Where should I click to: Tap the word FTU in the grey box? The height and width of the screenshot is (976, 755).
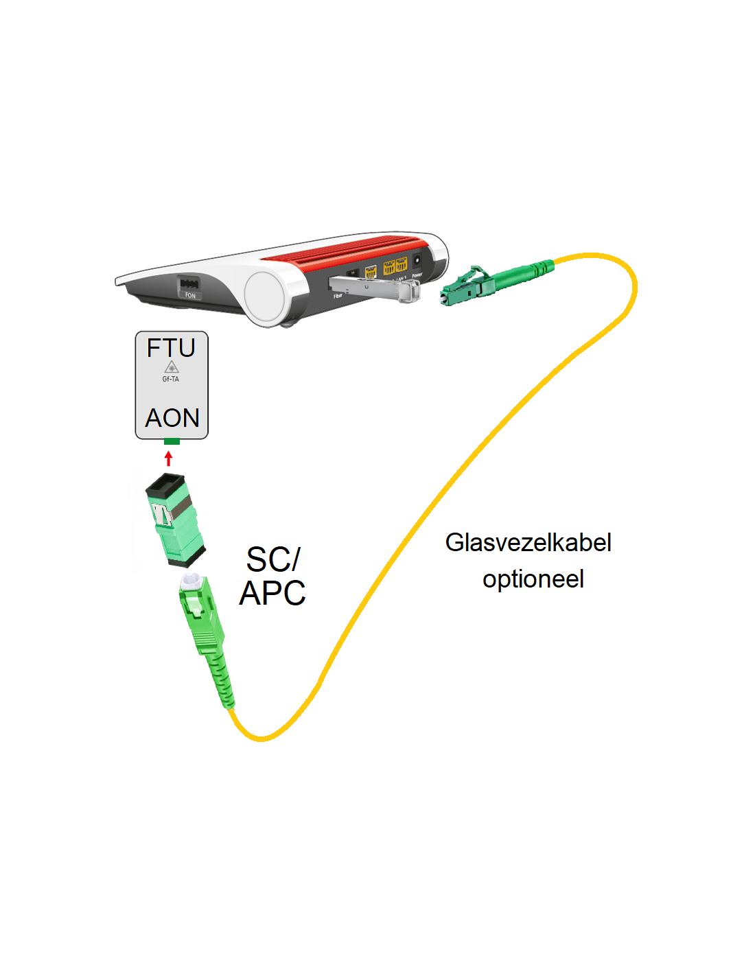[172, 348]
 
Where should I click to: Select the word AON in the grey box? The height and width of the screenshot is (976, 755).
[172, 418]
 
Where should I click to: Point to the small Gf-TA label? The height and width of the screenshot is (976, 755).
[171, 379]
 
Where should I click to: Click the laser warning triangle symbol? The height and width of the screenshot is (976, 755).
[172, 367]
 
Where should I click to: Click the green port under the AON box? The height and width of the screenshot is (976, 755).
[172, 441]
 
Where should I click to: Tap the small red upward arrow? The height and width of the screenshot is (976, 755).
[169, 458]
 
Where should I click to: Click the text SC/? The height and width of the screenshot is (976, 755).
[272, 559]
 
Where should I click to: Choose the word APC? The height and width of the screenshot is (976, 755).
[272, 593]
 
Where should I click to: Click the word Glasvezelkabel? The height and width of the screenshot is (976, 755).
[528, 542]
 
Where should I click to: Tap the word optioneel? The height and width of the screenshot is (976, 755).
[533, 579]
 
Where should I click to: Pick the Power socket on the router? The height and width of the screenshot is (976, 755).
[417, 262]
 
